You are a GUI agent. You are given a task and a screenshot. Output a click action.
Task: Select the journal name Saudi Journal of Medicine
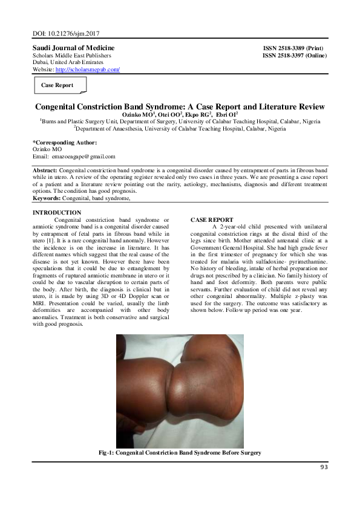pos(73,48)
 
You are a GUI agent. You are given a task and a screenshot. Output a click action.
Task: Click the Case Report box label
pos(57,85)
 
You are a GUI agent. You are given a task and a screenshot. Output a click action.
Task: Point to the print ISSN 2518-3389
pos(295,48)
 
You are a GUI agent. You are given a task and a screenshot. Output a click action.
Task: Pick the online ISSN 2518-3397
pos(295,56)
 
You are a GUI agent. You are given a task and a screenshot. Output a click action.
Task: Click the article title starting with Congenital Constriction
pos(179,106)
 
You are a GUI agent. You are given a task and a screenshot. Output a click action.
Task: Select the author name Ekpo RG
pos(204,114)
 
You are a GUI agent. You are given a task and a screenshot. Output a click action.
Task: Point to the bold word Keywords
pos(47,198)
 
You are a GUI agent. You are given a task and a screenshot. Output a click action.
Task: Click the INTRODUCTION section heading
pos(56,212)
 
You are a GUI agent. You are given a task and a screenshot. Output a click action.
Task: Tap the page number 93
pos(324,466)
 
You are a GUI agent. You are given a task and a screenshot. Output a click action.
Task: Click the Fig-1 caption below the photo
pos(180,453)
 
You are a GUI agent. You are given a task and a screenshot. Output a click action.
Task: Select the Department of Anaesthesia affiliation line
pos(180,128)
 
